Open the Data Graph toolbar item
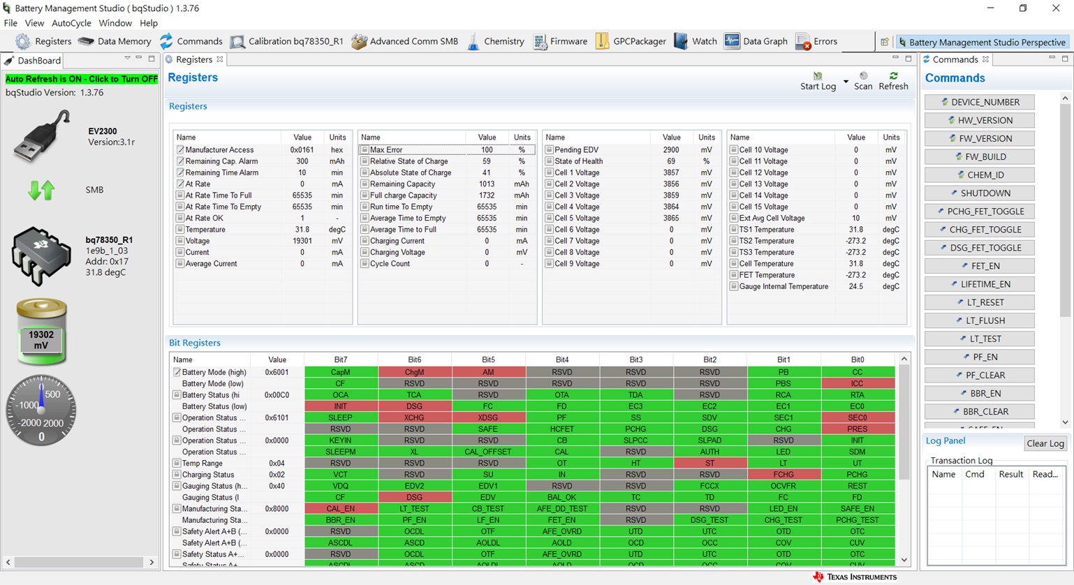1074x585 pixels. coord(756,41)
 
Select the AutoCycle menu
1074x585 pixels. coord(71,23)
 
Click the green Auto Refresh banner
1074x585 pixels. coord(82,79)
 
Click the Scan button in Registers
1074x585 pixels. coord(863,80)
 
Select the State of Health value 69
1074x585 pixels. coord(670,161)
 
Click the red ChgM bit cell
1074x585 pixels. coord(414,372)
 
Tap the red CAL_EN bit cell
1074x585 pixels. coord(340,509)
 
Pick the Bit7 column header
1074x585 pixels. coord(340,360)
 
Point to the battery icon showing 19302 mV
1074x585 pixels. coord(41,332)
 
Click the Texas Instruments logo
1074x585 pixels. coord(855,577)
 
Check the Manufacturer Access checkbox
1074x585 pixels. coord(180,150)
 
